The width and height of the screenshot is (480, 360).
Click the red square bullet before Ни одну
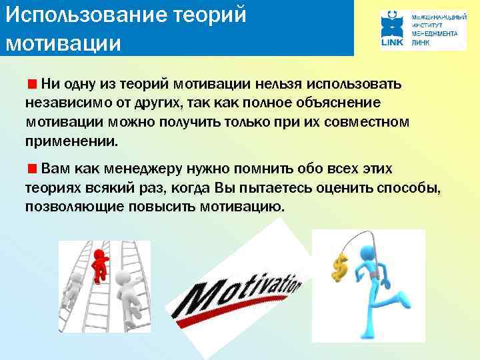point(32,85)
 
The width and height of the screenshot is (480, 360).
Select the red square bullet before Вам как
point(32,167)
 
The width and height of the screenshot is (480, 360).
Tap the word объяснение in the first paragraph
point(341,103)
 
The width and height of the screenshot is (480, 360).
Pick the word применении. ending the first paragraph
point(71,141)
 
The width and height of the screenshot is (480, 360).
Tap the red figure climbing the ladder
point(100,263)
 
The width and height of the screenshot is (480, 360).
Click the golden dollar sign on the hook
point(337,267)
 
